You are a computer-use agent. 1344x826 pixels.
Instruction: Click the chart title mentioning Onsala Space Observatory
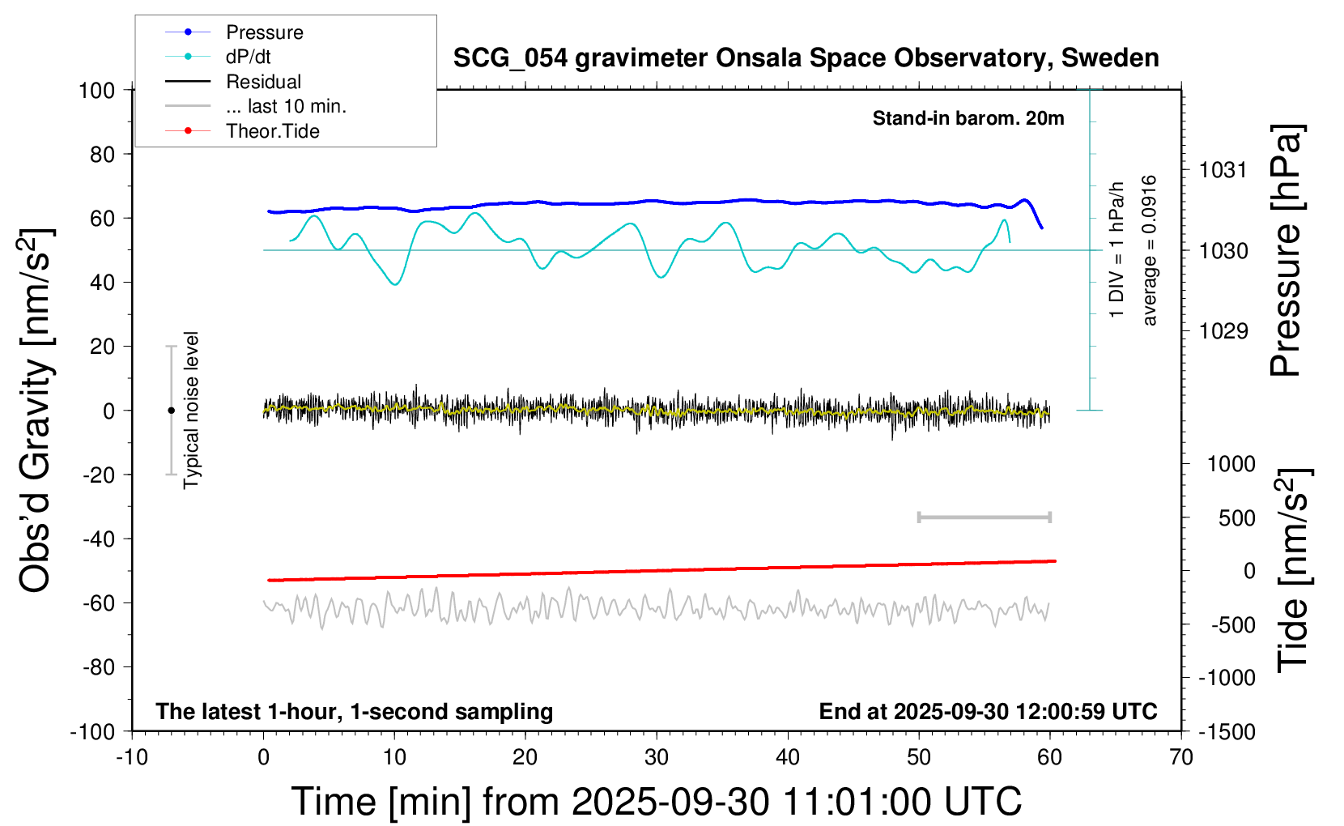click(806, 58)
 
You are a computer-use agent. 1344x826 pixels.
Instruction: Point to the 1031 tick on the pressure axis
click(1223, 170)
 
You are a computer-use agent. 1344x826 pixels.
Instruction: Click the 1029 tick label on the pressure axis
click(1223, 330)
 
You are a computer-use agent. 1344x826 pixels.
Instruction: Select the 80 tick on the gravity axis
click(102, 154)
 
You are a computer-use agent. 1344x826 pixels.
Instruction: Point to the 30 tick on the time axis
click(657, 757)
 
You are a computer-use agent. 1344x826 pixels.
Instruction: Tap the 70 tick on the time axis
click(1181, 757)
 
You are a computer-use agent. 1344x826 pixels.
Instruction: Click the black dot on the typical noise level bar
click(171, 411)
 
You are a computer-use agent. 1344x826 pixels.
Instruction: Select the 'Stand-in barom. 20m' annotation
click(968, 118)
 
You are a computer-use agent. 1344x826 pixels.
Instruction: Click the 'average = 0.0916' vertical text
click(1150, 251)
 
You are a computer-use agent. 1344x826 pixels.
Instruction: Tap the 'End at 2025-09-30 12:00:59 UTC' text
click(988, 711)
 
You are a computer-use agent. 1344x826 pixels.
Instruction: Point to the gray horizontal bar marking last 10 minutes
click(985, 517)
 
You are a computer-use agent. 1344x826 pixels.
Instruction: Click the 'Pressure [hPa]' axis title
click(1286, 251)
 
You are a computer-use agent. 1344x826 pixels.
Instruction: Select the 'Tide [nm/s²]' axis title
click(1294, 569)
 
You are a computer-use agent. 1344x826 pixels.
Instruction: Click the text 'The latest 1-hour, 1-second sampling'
click(355, 711)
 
